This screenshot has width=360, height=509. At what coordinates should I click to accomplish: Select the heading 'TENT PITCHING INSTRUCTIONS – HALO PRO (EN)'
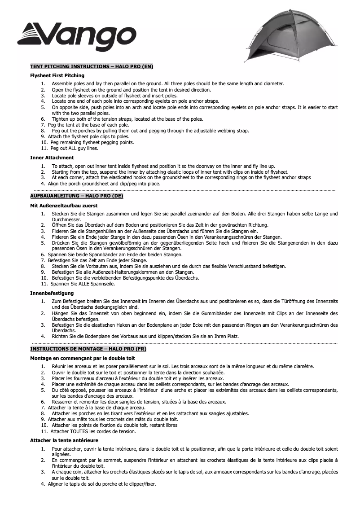pos(92,66)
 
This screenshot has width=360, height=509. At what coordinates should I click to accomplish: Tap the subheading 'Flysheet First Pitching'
pos(57,75)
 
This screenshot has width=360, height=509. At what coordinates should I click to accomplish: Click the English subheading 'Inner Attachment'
pos(52,158)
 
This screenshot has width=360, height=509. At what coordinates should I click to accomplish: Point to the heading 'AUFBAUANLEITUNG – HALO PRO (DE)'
pos(76,196)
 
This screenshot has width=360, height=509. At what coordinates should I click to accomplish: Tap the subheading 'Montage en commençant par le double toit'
pos(83,358)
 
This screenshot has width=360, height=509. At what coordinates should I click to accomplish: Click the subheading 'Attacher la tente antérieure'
pos(64,440)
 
